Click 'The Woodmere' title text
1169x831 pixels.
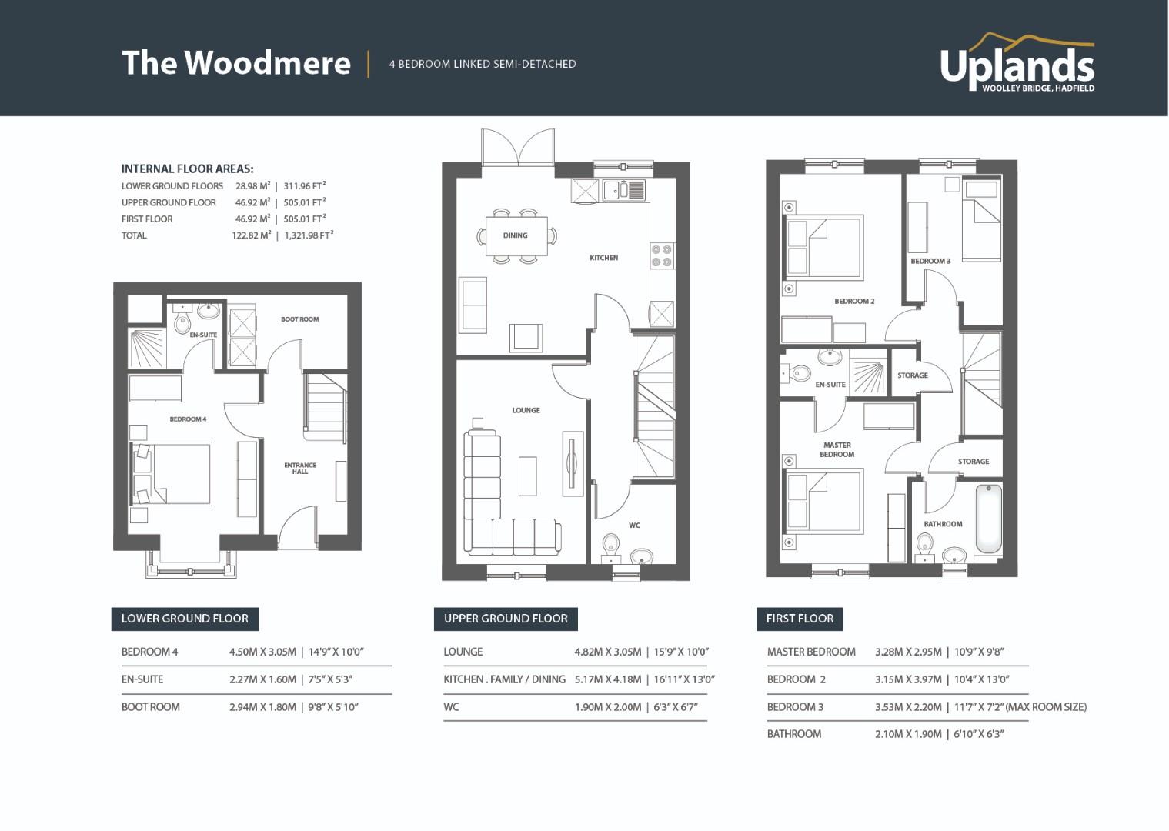point(236,62)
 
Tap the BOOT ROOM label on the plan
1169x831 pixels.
point(299,319)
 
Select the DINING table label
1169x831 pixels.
point(515,235)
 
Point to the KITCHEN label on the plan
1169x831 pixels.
point(604,258)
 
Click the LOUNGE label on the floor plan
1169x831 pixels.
point(526,410)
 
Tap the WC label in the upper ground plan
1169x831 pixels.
point(635,526)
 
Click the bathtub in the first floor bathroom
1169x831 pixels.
point(988,519)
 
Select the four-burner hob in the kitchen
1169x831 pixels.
point(662,256)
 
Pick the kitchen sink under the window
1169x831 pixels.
point(624,190)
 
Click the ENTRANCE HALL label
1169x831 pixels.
point(300,469)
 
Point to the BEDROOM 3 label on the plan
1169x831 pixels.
point(930,261)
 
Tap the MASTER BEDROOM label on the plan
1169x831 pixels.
point(837,449)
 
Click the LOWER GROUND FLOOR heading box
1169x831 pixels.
point(185,619)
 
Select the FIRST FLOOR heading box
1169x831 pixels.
point(800,619)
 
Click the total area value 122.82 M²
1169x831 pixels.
point(252,235)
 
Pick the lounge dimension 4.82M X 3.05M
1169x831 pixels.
point(608,652)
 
